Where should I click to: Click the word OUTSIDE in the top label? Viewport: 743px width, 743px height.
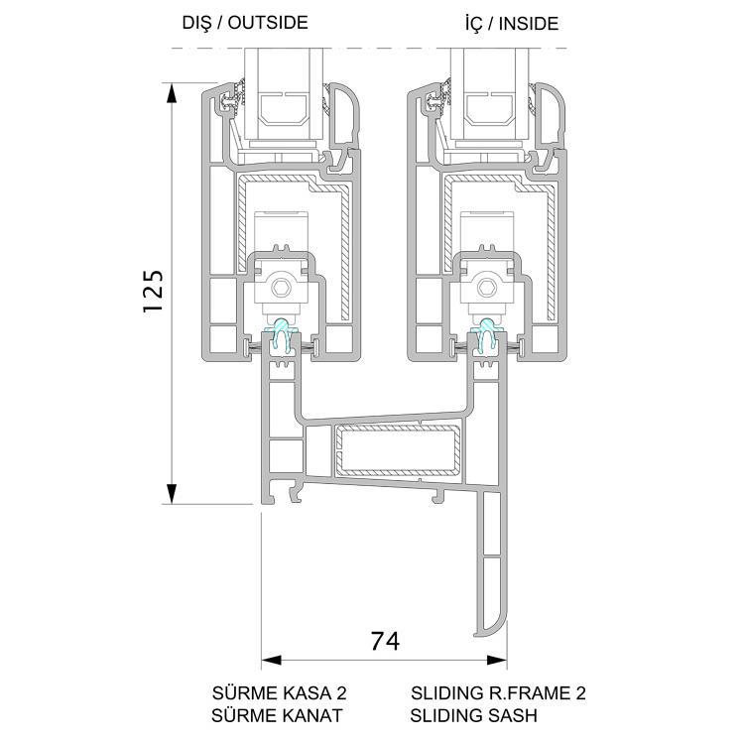click(x=268, y=23)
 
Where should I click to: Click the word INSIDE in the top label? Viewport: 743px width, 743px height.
click(x=529, y=24)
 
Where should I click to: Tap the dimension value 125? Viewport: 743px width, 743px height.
click(x=154, y=291)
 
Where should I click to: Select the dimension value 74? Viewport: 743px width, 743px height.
click(x=385, y=641)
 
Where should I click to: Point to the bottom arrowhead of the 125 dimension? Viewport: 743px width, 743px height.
click(x=172, y=494)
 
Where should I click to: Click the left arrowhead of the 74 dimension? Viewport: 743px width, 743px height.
click(x=272, y=660)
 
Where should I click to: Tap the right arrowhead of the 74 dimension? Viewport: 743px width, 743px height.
click(x=497, y=660)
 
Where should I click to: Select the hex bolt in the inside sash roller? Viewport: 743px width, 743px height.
click(x=485, y=287)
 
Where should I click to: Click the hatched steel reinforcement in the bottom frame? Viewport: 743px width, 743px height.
click(x=398, y=450)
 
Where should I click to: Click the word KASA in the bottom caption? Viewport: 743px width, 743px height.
click(x=305, y=693)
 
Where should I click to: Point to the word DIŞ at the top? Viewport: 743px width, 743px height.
click(x=197, y=24)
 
